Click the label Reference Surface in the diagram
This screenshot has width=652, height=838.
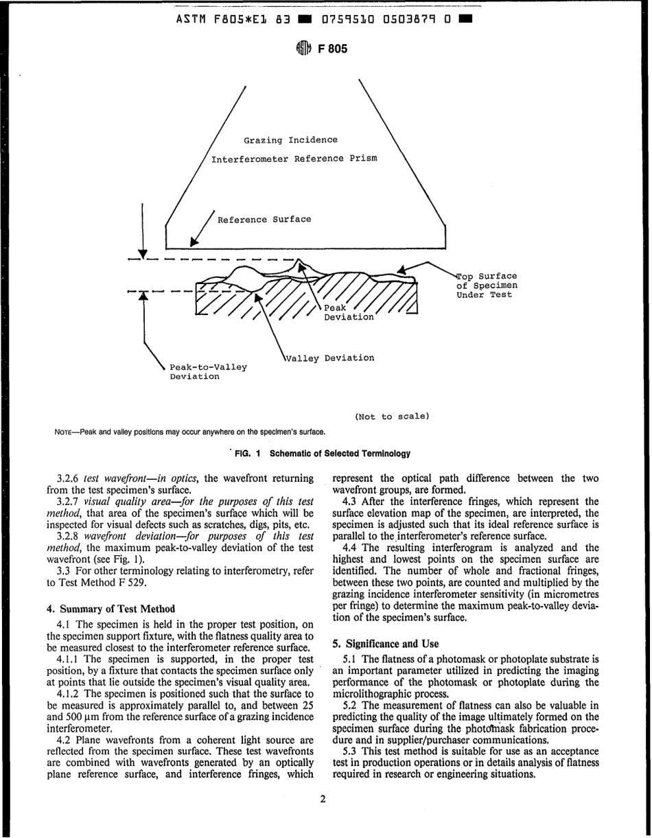click(264, 220)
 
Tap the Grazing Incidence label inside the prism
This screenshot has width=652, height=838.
click(291, 140)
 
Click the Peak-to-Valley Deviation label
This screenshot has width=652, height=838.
click(208, 371)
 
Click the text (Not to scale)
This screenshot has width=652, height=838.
click(392, 417)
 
